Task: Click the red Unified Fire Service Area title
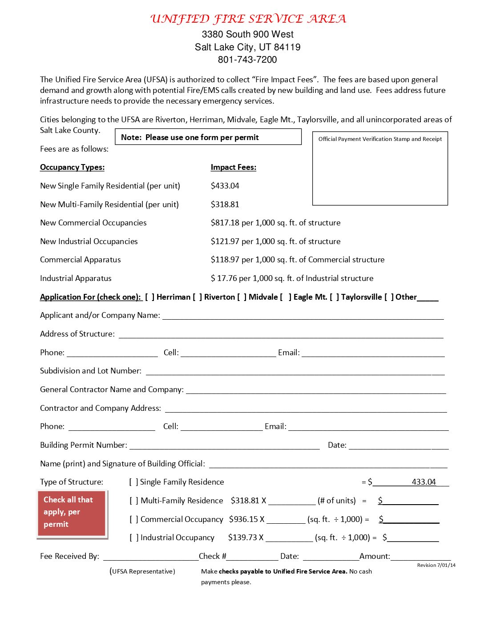248,19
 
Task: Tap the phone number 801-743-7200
247,60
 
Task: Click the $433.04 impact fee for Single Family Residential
225,186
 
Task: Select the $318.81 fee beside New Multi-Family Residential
225,205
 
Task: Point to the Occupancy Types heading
72,167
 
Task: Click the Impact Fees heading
233,167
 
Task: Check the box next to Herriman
149,297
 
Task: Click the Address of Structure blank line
281,335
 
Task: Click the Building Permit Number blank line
224,446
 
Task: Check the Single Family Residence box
134,482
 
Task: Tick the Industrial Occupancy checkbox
134,538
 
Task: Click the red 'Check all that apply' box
72,514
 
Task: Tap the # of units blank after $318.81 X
291,502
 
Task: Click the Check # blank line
252,557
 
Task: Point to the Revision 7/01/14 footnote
436,565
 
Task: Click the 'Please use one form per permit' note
208,137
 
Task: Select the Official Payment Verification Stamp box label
380,139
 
